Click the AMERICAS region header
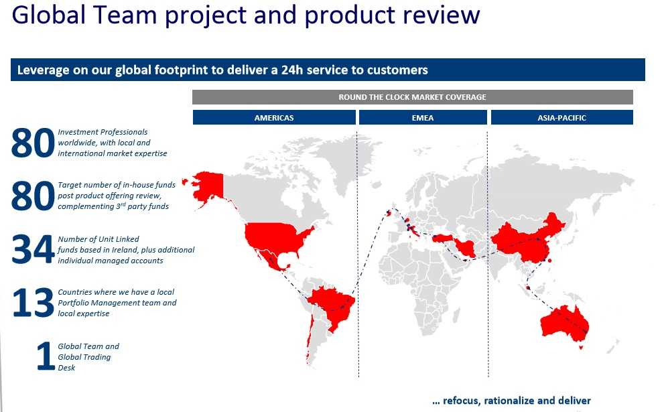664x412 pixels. pos(274,117)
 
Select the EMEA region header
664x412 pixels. pos(423,117)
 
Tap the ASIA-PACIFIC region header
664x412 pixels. pos(562,117)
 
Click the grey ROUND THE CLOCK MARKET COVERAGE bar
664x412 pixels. pos(413,97)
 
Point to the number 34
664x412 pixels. pos(33,250)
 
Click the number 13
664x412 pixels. pos(33,303)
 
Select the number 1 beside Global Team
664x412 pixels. pos(46,356)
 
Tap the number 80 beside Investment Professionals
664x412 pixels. pos(33,143)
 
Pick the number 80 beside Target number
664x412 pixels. pos(33,196)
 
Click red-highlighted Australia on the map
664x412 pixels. pos(563,324)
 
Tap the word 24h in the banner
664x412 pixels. pos(292,70)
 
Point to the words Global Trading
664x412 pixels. pos(84,357)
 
